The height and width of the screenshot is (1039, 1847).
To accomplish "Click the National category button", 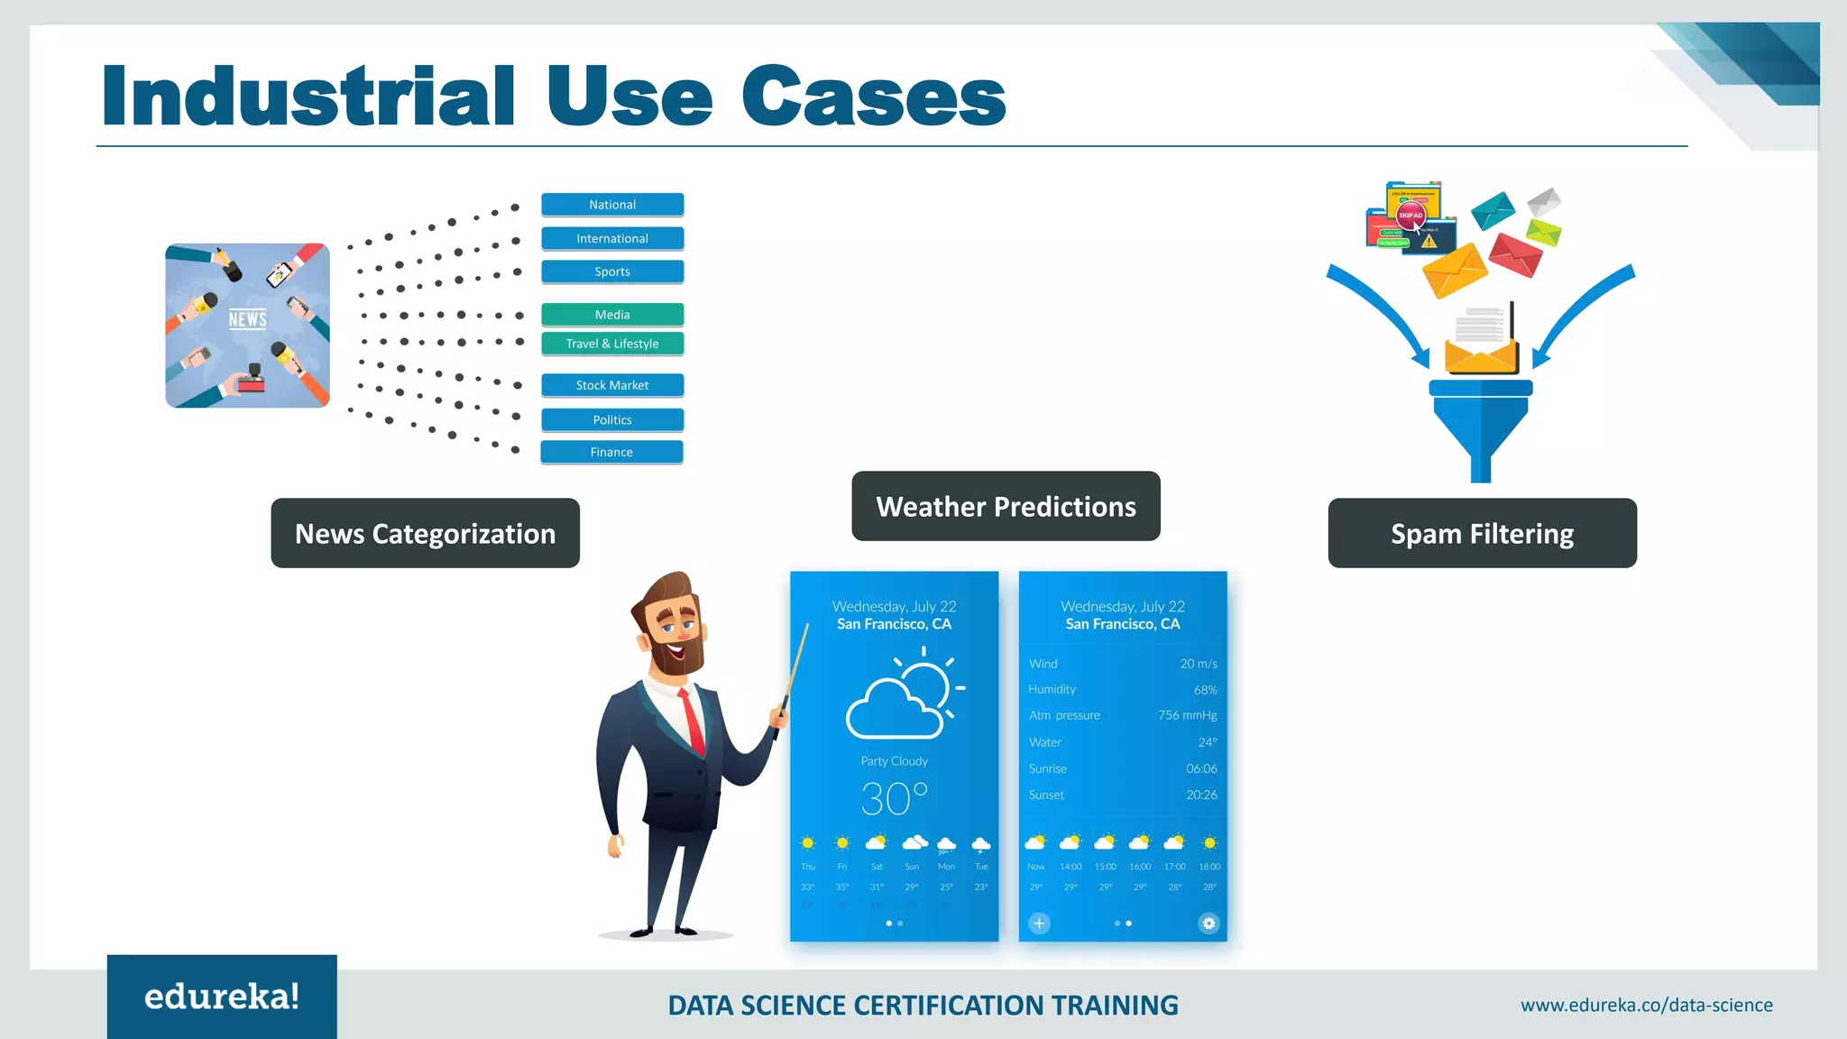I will click(x=612, y=205).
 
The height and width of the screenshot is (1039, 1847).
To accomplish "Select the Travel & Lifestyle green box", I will click(x=612, y=344).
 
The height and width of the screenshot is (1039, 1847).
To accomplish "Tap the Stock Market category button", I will click(x=612, y=385).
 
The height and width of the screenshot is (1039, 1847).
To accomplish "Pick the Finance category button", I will click(x=611, y=452).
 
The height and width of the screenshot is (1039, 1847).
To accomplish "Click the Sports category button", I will click(x=612, y=271).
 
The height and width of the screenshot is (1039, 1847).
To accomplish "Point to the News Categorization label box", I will click(x=425, y=533).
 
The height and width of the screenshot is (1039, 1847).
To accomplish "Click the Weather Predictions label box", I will click(x=1006, y=506).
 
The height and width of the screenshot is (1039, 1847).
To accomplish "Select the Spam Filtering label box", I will click(x=1482, y=533).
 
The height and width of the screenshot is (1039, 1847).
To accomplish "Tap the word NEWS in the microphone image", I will click(x=247, y=319).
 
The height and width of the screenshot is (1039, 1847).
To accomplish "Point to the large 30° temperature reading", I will click(x=893, y=799).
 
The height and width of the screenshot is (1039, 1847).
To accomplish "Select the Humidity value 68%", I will click(x=1205, y=690).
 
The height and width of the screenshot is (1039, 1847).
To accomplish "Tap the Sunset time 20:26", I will click(x=1201, y=795).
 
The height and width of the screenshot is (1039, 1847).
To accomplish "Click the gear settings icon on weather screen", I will click(x=1208, y=923).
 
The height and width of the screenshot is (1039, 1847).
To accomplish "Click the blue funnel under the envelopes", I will click(x=1481, y=424).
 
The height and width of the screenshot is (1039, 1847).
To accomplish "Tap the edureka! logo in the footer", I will click(x=222, y=997).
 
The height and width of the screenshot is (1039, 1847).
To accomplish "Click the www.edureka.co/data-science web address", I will click(x=1646, y=1005).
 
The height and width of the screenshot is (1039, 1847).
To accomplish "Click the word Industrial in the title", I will click(x=308, y=97).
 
